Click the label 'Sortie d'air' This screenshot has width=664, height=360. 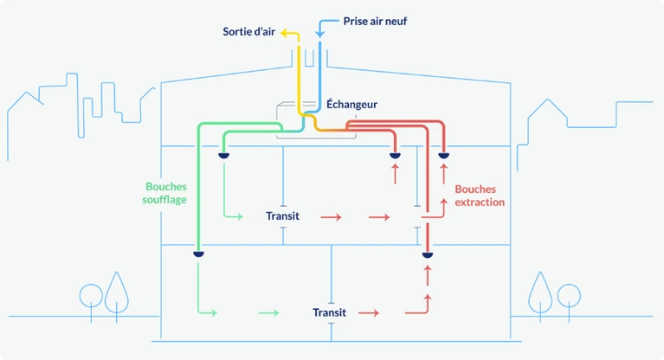point(249,32)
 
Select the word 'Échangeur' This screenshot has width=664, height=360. point(351,104)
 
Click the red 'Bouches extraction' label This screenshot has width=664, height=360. point(479,195)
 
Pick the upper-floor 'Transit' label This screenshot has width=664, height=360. point(282,215)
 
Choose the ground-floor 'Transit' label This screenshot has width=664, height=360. point(329,312)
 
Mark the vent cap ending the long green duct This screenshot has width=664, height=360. point(198,254)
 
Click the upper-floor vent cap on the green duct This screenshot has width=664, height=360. point(223,156)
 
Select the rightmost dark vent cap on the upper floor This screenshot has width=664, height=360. point(444,156)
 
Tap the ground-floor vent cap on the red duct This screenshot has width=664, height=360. point(427,255)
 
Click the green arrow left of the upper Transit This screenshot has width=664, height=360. point(233,215)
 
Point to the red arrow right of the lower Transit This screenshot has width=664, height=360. point(369,312)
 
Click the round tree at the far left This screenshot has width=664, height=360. point(90,295)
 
